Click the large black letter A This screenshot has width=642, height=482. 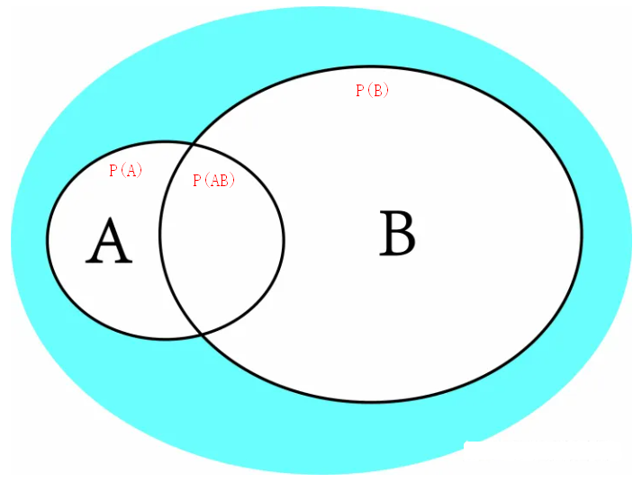[109, 242]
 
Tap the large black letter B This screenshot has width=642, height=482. [397, 234]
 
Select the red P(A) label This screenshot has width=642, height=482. [125, 171]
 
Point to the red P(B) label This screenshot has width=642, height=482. [372, 90]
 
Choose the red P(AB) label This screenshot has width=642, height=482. [213, 181]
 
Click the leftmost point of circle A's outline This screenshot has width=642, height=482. [48, 239]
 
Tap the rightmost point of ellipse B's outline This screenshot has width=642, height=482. [582, 236]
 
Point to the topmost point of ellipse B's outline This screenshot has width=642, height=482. [371, 68]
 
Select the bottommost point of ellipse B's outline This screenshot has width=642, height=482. [371, 401]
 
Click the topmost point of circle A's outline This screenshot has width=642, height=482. [166, 141]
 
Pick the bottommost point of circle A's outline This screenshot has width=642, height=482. [166, 339]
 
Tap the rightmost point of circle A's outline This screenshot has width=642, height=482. [284, 239]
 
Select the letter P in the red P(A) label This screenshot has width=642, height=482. [113, 171]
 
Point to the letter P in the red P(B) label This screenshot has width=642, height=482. [359, 90]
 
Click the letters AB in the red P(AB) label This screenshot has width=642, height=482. [218, 181]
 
